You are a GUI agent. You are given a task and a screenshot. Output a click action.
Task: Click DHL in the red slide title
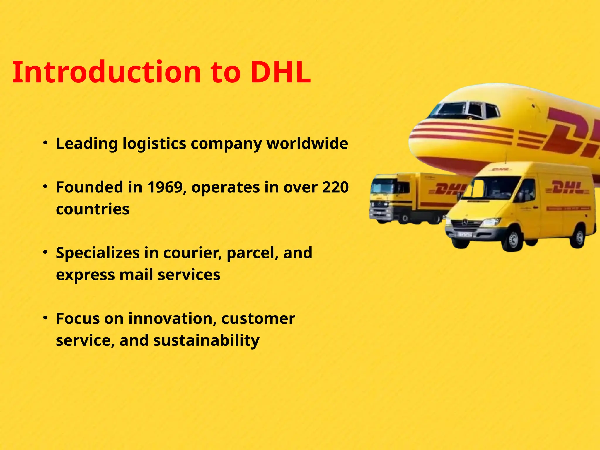(280, 72)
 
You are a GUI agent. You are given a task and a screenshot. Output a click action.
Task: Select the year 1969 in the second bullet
(165, 187)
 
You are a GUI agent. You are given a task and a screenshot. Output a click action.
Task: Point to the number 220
(335, 187)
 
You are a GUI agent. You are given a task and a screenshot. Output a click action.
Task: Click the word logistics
(154, 144)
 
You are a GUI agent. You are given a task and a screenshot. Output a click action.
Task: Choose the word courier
(192, 253)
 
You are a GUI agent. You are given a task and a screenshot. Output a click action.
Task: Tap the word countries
(93, 209)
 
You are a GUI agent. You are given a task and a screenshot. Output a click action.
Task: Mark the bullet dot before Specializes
(45, 252)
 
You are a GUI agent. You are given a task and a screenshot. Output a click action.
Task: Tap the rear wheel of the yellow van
(579, 237)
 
